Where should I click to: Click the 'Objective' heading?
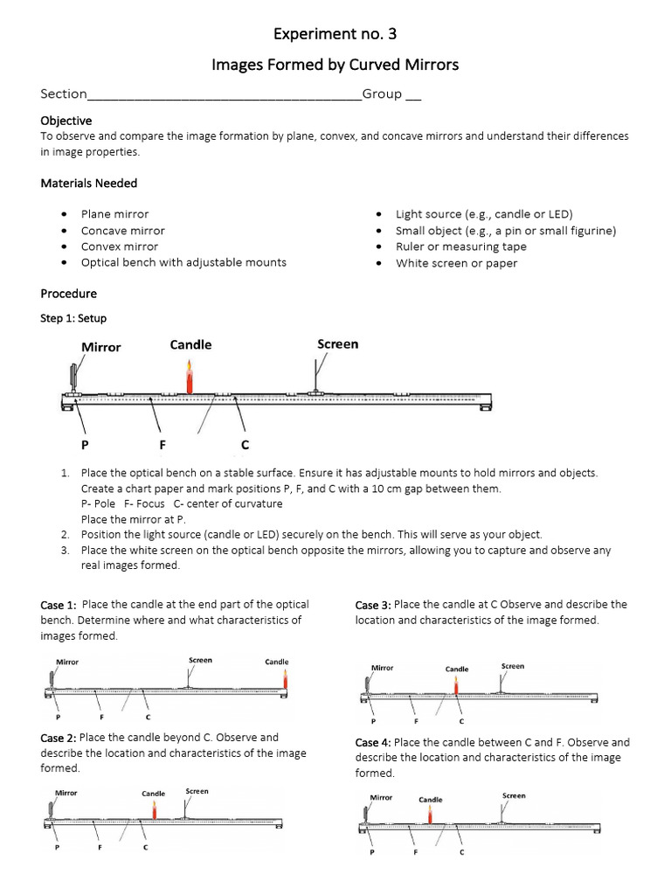tap(66, 121)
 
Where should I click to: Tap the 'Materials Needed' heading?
tap(88, 183)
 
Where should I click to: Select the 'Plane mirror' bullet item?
tap(114, 214)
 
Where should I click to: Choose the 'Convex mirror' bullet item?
tap(120, 246)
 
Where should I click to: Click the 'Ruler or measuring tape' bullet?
tap(460, 246)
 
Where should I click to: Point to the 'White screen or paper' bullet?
tap(456, 263)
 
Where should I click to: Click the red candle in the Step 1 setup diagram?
tap(189, 380)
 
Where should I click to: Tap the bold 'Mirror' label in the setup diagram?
tap(101, 347)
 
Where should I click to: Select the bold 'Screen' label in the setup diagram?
tap(337, 344)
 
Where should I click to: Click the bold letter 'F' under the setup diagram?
tap(163, 445)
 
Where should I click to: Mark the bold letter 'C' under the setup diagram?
tap(246, 445)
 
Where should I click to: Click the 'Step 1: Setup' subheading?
tap(73, 318)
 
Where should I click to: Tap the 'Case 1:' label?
tap(59, 605)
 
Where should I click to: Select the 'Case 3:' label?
tap(373, 605)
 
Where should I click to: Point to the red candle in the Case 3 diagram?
tap(456, 685)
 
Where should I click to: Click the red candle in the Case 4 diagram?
tap(430, 815)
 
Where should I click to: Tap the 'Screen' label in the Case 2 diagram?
tap(197, 791)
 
